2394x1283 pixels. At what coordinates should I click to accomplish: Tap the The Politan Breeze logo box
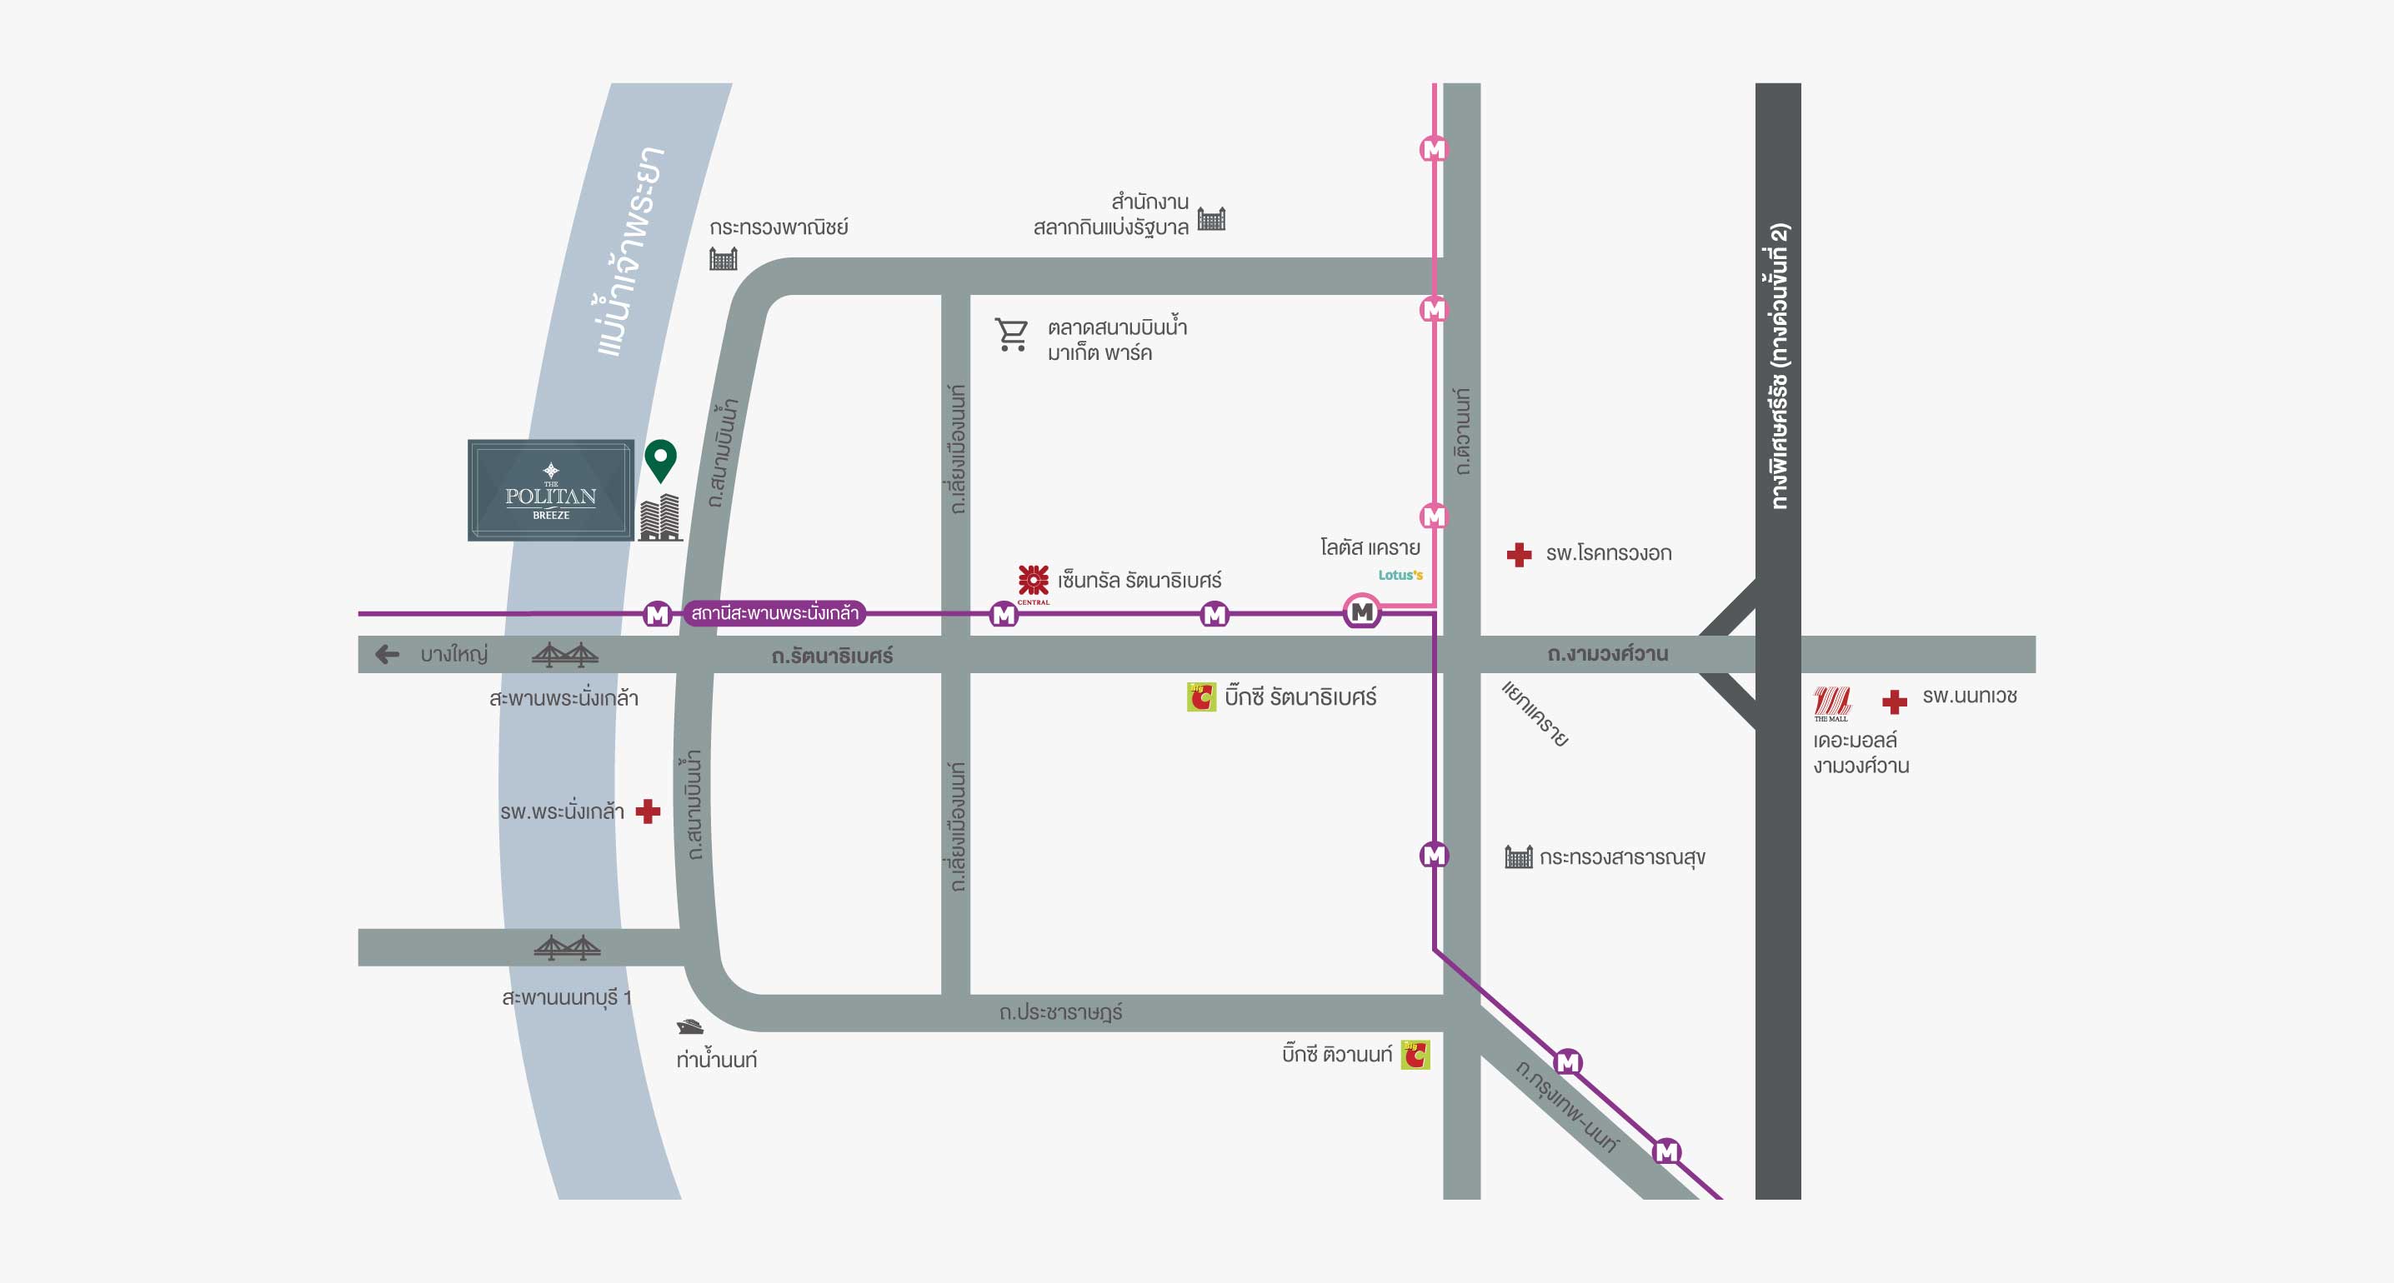[x=551, y=491]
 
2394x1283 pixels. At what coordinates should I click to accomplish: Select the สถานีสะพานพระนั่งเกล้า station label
[x=775, y=613]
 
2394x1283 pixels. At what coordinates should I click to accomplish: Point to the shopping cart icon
[x=1011, y=334]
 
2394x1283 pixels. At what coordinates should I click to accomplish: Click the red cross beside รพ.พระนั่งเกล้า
[x=648, y=811]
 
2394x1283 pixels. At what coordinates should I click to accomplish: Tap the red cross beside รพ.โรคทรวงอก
[x=1520, y=555]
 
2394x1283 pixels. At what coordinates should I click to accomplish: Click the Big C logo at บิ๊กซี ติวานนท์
[x=1415, y=1055]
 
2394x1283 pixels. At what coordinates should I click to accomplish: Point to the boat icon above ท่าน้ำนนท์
[x=689, y=1026]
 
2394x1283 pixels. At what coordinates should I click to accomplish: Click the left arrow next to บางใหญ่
[x=388, y=654]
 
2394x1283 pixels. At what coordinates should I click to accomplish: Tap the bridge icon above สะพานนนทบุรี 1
[x=567, y=947]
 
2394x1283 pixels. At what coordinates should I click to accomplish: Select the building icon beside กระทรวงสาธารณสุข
[x=1519, y=856]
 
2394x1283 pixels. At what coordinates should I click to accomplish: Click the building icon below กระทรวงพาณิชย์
[x=723, y=258]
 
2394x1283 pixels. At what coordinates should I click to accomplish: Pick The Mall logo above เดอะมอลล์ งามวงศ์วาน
[x=1831, y=703]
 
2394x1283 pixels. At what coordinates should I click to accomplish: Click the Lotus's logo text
[x=1400, y=575]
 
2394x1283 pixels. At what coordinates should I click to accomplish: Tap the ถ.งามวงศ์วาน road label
[x=1608, y=654]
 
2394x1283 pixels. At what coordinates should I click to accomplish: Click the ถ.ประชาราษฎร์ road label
[x=1060, y=1012]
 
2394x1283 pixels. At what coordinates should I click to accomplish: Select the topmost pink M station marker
[x=1434, y=148]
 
